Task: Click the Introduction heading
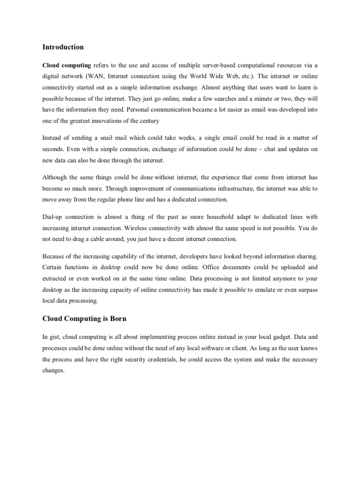pyautogui.click(x=63, y=47)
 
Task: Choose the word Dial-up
pyautogui.click(x=53, y=217)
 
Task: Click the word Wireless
pyautogui.click(x=131, y=228)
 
